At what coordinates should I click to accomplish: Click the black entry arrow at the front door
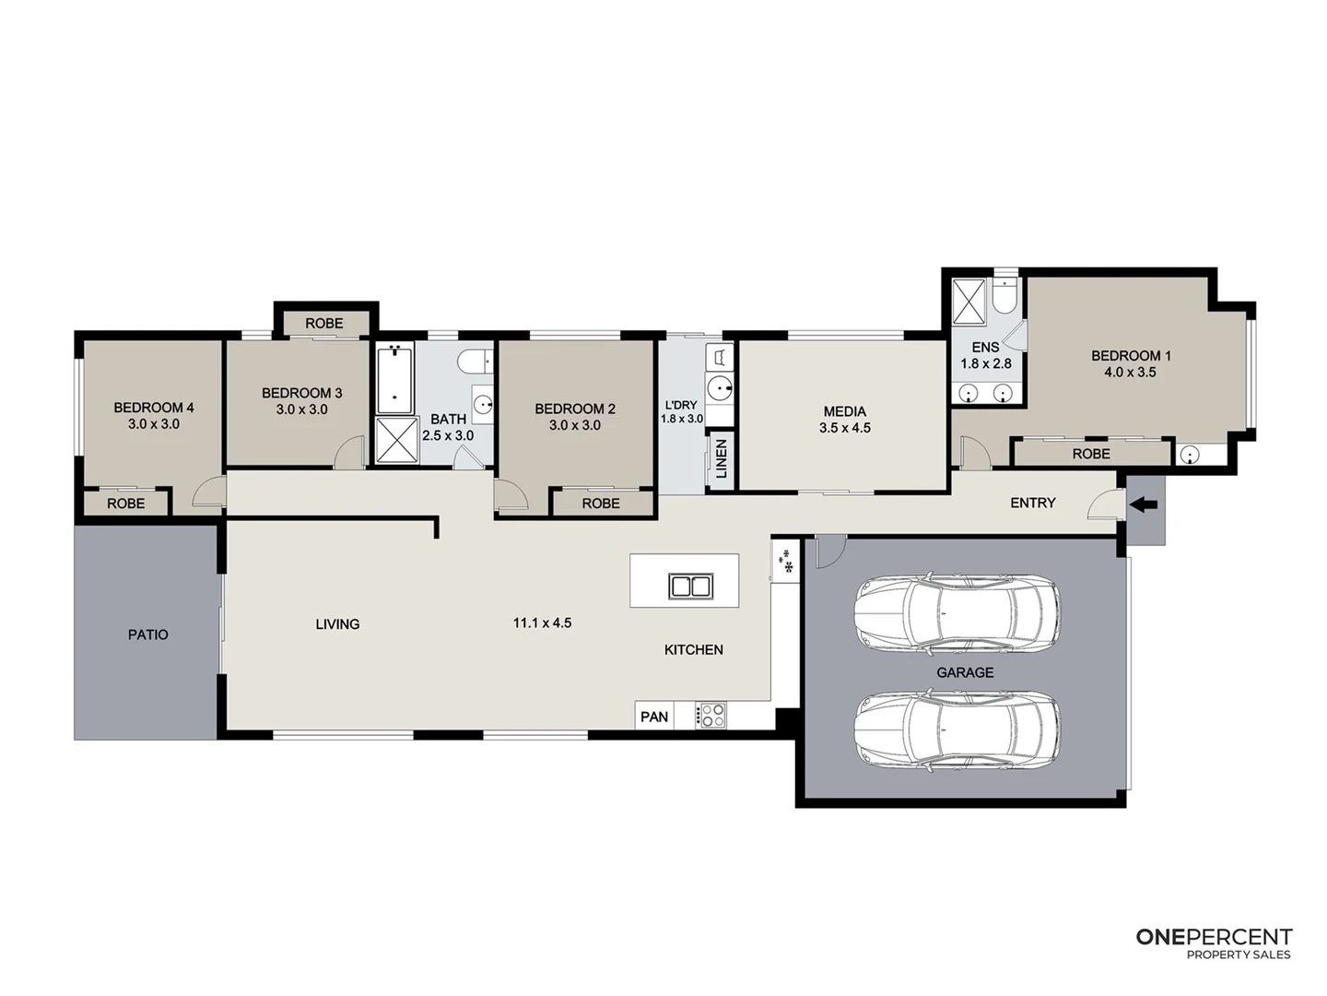(x=1144, y=504)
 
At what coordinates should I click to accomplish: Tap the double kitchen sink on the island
(x=690, y=586)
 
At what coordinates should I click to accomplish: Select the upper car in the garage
(x=957, y=613)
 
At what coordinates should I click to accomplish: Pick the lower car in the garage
(x=957, y=728)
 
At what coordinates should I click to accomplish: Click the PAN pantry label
(x=654, y=717)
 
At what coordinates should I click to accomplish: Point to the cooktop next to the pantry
(x=711, y=716)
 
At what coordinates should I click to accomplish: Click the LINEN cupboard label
(x=721, y=457)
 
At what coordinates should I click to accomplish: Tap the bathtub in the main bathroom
(x=395, y=378)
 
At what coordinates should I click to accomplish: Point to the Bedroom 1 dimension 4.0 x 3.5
(x=1130, y=373)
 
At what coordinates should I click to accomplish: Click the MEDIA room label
(x=844, y=411)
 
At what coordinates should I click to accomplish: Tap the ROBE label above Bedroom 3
(x=324, y=323)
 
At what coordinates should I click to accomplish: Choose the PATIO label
(x=147, y=634)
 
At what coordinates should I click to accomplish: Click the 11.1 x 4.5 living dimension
(x=542, y=623)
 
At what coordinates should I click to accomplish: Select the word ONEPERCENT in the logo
(x=1214, y=937)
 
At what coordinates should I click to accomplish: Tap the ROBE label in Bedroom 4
(x=126, y=504)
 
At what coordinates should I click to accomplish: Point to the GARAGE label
(x=965, y=672)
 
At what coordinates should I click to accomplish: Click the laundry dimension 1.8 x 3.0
(x=681, y=419)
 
